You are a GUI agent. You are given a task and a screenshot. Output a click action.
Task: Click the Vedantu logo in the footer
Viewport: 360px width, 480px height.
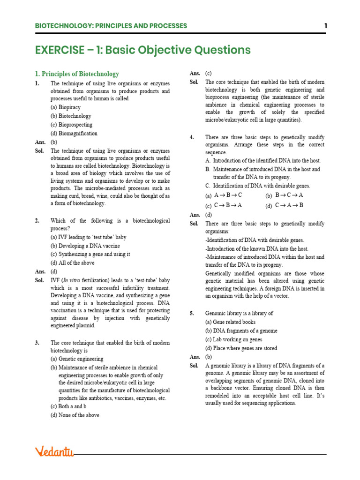54,452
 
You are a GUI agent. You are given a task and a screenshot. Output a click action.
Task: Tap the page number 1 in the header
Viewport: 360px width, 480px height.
325,26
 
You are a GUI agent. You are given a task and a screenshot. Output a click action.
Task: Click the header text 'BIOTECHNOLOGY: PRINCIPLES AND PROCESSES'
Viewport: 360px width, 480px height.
111,26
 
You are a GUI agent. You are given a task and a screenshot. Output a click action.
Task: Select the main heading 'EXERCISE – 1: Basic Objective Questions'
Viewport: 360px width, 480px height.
143,50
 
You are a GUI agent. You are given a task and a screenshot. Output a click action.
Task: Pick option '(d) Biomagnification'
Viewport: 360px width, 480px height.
74,133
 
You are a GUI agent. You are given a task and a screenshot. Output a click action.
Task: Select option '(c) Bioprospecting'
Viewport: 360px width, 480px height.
72,125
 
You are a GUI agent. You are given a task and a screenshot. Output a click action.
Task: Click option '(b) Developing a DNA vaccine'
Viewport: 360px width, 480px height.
85,246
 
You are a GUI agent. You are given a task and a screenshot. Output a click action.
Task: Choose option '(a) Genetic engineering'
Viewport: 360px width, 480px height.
77,359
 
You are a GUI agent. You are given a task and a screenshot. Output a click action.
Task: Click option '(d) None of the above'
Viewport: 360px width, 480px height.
75,415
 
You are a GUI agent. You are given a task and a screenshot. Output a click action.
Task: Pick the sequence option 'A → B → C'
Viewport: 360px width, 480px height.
228,195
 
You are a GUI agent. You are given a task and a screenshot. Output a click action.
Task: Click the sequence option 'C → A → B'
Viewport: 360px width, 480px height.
289,205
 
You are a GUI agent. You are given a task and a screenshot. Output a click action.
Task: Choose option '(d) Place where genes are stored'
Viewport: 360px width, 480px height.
241,348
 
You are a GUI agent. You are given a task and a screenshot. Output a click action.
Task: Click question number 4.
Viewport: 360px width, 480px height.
192,137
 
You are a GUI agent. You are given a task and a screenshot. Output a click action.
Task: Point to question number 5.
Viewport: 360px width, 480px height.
192,313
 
